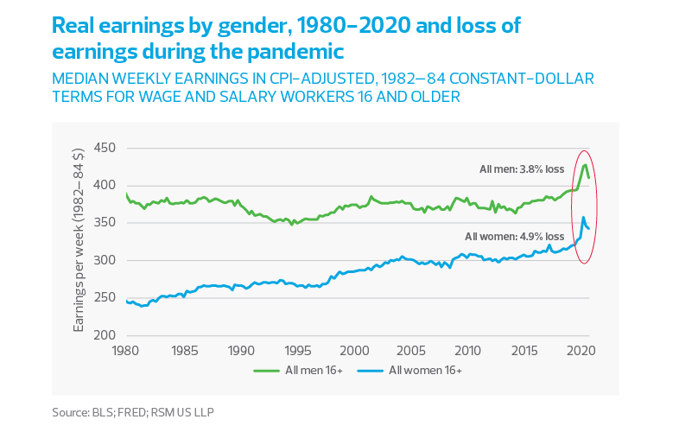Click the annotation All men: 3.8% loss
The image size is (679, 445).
coord(522,169)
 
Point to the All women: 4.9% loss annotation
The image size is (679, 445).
coord(514,236)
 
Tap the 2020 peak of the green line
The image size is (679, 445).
coord(586,164)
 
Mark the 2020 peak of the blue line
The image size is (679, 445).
coord(584,217)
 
